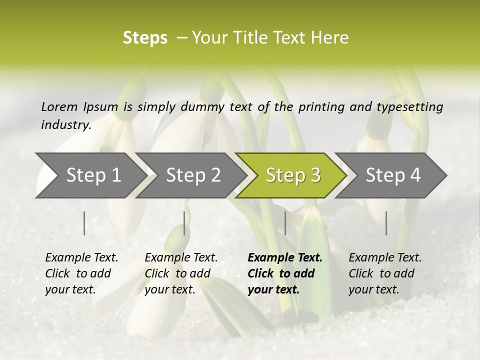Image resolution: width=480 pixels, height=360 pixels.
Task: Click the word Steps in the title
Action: (x=145, y=38)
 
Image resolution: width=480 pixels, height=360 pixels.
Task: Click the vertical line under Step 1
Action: (x=84, y=223)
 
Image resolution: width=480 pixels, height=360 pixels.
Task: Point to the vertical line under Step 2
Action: (x=184, y=223)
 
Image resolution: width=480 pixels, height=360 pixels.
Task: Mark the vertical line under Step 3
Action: (x=285, y=223)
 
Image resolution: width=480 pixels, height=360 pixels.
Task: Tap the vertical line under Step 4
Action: (x=386, y=223)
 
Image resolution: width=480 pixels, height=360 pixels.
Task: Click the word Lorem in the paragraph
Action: (x=59, y=107)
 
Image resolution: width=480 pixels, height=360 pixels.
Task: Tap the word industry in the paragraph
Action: (x=65, y=125)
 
